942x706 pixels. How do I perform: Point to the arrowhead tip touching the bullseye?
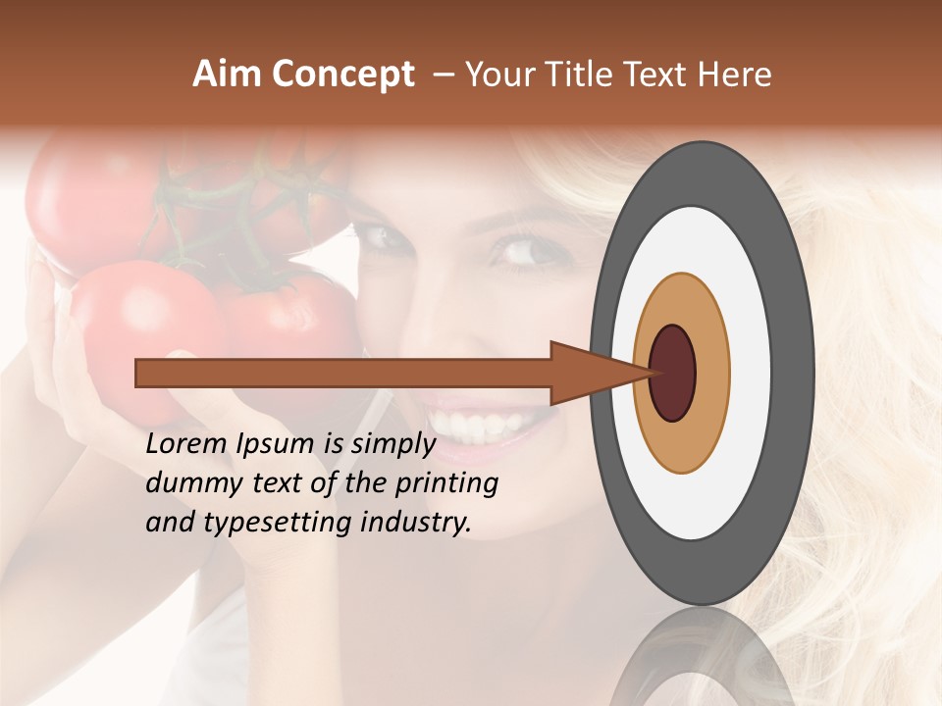click(652, 373)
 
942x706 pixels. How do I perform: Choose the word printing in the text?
click(446, 484)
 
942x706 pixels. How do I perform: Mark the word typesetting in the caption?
click(285, 524)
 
